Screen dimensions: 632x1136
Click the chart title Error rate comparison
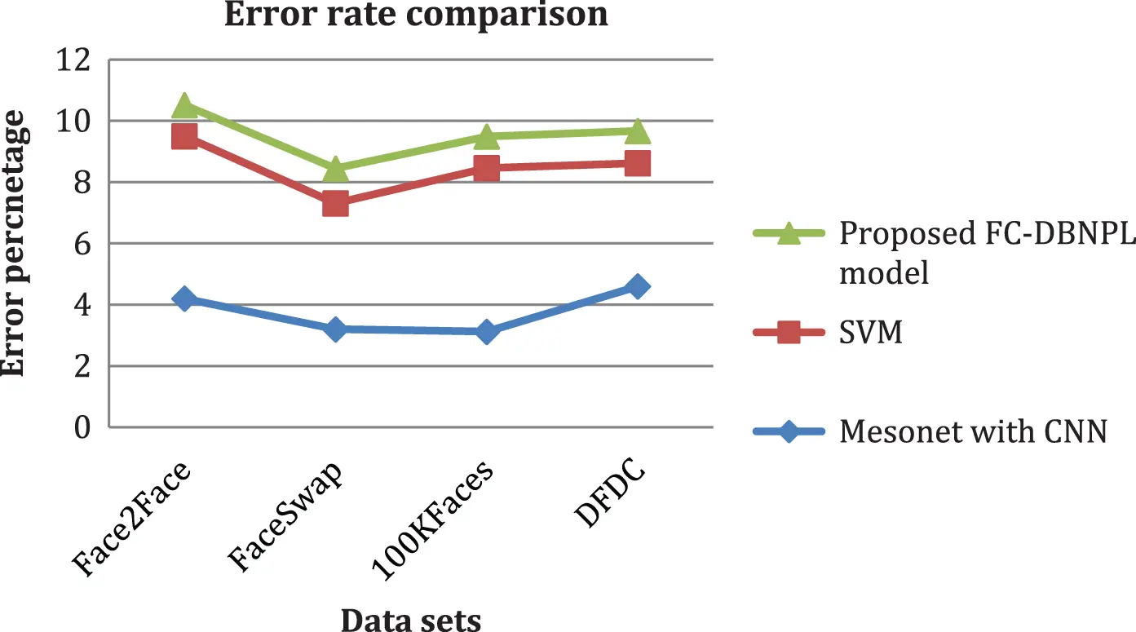pyautogui.click(x=417, y=14)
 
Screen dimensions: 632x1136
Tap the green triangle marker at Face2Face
pyautogui.click(x=184, y=104)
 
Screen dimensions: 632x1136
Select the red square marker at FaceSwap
pyautogui.click(x=335, y=203)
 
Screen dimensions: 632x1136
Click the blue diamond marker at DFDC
pyautogui.click(x=638, y=286)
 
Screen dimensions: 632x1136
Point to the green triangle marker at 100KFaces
pyautogui.click(x=487, y=135)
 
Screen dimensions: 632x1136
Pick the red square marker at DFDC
pyautogui.click(x=638, y=163)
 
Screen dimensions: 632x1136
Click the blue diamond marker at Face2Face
pyautogui.click(x=184, y=298)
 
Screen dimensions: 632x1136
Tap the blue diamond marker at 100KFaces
pyautogui.click(x=487, y=331)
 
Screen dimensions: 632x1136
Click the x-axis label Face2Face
pyautogui.click(x=135, y=518)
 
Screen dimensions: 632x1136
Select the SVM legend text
pyautogui.click(x=870, y=332)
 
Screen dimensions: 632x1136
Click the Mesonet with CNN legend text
pyautogui.click(x=973, y=431)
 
